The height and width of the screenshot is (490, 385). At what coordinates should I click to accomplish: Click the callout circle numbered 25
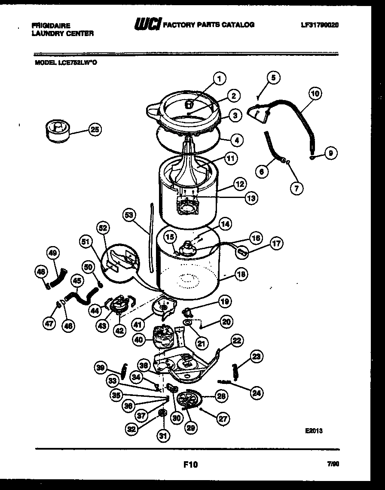click(95, 129)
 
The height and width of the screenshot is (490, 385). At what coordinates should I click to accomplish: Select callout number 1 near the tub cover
click(220, 79)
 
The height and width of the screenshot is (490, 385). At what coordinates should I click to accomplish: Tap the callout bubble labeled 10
click(315, 93)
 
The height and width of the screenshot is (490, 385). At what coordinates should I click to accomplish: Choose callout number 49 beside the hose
click(53, 253)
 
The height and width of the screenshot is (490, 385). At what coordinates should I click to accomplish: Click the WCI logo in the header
click(147, 25)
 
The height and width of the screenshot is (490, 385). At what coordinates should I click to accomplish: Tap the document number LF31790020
click(320, 25)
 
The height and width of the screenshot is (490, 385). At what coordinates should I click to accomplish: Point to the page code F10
click(191, 464)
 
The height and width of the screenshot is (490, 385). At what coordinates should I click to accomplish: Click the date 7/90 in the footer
click(333, 464)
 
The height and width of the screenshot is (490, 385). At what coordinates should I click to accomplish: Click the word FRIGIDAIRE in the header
click(51, 26)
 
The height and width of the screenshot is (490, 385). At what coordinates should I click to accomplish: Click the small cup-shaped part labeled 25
click(57, 130)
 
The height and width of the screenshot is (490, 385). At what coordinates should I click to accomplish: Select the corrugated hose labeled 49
click(58, 279)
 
